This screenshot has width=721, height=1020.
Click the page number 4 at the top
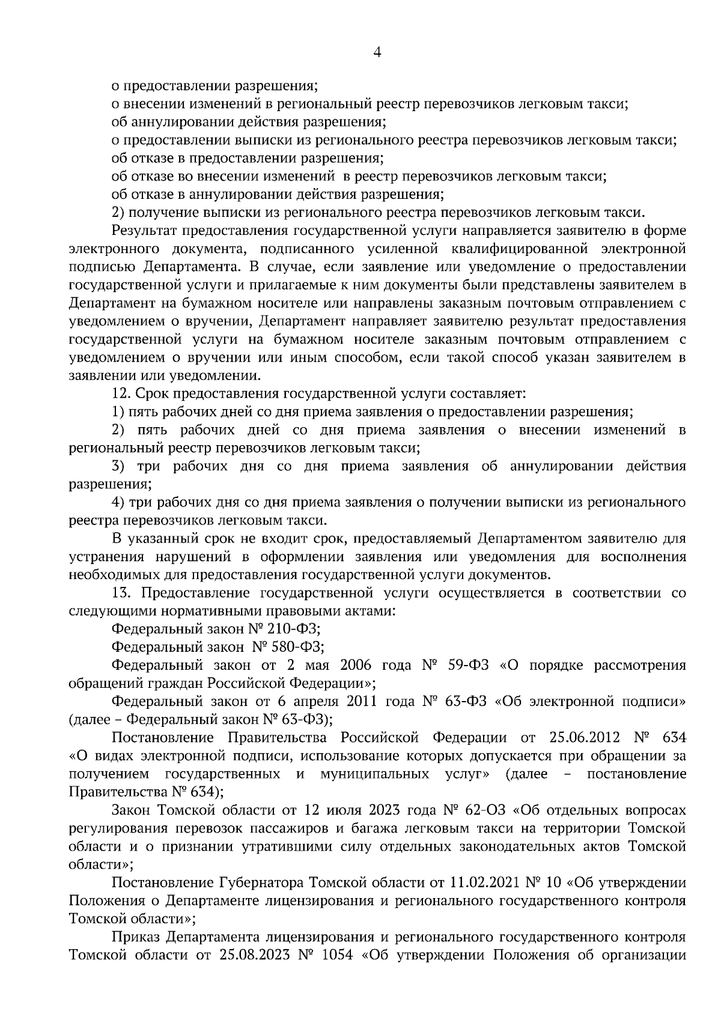(x=377, y=52)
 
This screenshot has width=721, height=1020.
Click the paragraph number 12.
(x=121, y=394)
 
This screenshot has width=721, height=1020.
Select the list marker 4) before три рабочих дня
(x=119, y=502)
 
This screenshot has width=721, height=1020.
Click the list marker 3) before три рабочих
(x=119, y=466)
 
